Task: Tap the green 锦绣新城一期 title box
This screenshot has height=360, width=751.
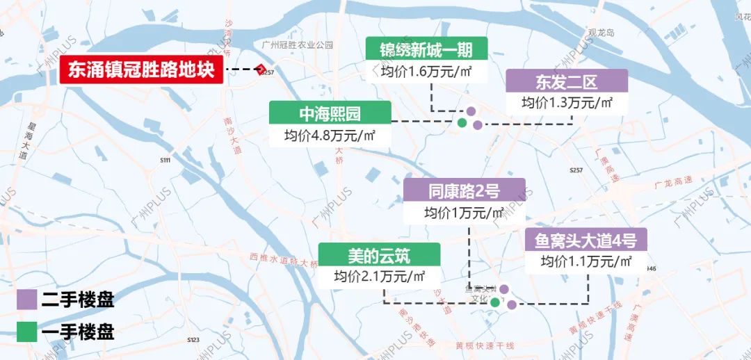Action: coord(426,49)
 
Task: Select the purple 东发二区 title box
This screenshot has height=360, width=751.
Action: coord(566,81)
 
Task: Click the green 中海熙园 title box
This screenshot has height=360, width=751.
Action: coord(330,113)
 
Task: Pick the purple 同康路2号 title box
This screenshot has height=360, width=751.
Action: coord(464,190)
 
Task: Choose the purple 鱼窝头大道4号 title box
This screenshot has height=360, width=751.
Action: coord(586,240)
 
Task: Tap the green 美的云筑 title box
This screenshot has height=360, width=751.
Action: coord(379,255)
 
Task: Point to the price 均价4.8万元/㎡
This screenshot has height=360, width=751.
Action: coord(330,136)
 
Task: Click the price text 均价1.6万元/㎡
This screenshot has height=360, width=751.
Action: coord(426,71)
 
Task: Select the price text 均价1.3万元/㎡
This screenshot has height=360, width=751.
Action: coord(566,103)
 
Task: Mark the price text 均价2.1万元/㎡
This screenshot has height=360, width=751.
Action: coord(379,276)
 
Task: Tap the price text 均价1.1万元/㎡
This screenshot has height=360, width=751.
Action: coord(586,262)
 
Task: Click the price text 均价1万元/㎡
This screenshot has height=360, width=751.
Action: coord(464,212)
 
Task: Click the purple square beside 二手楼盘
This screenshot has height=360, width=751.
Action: coord(27,300)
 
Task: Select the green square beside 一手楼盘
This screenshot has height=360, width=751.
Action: coord(27,331)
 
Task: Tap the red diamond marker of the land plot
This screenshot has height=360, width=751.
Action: coord(260,69)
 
